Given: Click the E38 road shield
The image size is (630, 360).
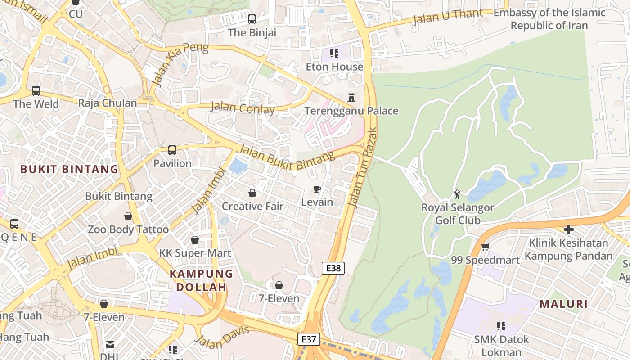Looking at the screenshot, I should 333,268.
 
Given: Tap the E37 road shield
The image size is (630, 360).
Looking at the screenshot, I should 309,339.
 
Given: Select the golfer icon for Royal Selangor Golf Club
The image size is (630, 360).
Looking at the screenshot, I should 458,194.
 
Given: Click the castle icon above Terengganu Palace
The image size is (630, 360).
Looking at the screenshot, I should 351,97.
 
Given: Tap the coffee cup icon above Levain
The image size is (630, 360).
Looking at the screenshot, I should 317,189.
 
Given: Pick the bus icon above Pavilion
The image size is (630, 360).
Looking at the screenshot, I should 172,150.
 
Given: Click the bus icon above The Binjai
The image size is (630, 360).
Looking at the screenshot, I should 252,19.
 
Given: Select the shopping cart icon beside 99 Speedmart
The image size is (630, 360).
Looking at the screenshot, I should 486,247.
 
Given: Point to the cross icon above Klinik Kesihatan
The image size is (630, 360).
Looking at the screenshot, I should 569,229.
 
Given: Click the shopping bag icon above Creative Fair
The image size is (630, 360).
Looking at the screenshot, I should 252,193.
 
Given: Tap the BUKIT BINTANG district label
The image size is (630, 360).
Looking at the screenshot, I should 69,170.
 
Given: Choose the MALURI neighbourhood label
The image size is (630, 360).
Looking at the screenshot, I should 564,304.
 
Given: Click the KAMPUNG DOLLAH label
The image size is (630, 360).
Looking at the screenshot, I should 201,280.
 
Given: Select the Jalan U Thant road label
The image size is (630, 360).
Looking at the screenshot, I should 448,17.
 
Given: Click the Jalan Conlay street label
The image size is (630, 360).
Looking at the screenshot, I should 243,108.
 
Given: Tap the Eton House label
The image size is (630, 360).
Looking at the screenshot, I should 334,67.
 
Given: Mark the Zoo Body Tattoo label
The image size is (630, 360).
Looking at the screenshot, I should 128,229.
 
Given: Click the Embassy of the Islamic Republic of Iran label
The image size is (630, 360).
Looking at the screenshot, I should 549,19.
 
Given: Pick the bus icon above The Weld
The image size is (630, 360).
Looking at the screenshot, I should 36,91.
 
